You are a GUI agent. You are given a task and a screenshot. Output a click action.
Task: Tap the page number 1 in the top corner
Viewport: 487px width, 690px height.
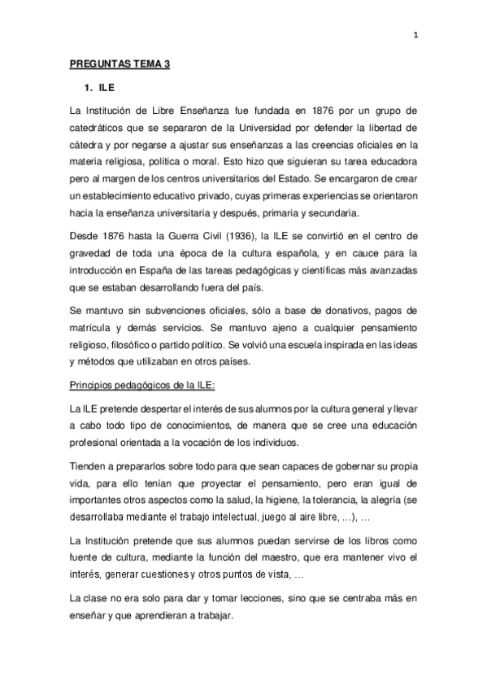[x=415, y=34]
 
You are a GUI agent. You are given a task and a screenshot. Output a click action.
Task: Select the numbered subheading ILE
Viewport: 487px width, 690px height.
[x=96, y=88]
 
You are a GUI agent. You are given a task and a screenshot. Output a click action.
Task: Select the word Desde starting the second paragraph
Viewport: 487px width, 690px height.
[x=84, y=236]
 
